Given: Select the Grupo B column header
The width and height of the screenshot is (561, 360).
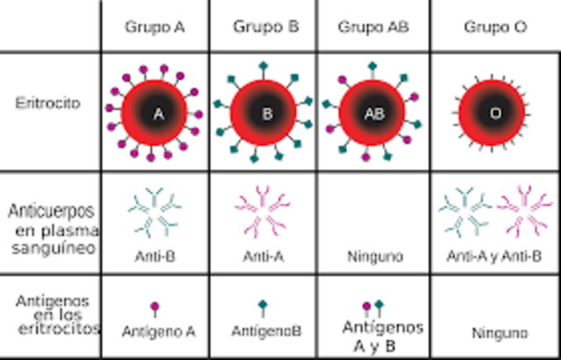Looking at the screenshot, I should point(266,26).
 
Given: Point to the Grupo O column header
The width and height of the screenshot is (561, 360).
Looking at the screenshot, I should point(495,26).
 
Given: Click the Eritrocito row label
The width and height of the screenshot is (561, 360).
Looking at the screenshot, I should point(47,102).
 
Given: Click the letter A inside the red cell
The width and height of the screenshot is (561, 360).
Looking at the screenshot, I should point(158,112).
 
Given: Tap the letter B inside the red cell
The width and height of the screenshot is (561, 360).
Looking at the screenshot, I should point(266,112).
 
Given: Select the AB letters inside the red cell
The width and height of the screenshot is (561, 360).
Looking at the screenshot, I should point(373,113).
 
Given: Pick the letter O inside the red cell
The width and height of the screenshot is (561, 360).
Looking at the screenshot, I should point(494,113).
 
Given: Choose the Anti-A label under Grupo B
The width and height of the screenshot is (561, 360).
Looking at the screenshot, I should point(264,257).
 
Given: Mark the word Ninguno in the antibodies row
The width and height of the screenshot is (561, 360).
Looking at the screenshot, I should point(374,258).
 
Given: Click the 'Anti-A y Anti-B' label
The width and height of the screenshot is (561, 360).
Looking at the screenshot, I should point(494,257).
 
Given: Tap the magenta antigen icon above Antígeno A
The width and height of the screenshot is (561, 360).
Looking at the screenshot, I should point(155,307).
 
